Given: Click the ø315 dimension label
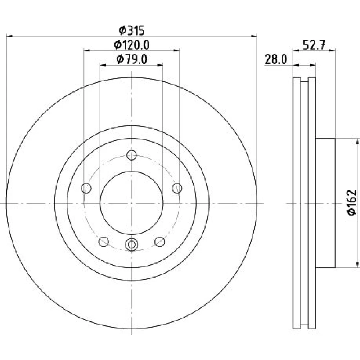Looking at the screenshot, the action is coord(132,30).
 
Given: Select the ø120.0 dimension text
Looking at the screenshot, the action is coord(132,45).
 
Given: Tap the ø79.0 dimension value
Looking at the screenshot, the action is coord(132,60).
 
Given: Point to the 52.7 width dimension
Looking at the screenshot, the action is coord(314,45).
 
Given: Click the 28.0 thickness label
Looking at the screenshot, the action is coord(276,60).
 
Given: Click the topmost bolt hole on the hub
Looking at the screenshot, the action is coord(131,155).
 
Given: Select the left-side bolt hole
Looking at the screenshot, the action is coord(86,188).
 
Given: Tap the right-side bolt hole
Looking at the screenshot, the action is coord(177,188).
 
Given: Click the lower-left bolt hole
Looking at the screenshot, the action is coord(104,242).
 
